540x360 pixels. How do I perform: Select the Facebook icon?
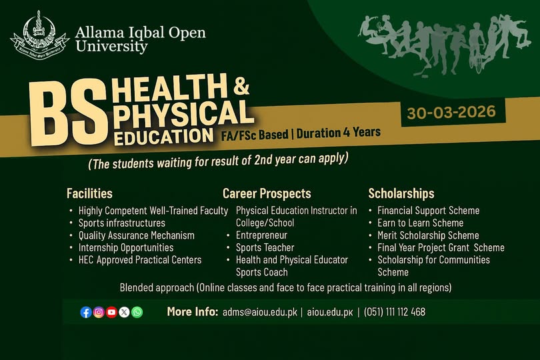[86, 312]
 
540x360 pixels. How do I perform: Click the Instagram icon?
[99, 312]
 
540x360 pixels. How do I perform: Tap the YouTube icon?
[111, 312]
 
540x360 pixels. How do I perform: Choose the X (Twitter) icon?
[124, 312]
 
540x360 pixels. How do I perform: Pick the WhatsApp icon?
[137, 312]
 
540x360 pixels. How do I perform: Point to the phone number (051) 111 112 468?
[395, 312]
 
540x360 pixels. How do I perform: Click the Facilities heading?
[89, 194]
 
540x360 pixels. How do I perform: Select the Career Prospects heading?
[267, 194]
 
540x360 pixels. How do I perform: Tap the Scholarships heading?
[401, 194]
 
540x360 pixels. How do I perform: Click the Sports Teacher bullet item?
[265, 247]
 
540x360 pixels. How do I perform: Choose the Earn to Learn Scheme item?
[420, 223]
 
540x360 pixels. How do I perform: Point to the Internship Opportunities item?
[126, 247]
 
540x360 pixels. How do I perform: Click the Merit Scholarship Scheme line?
[428, 235]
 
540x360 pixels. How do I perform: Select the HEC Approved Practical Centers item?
[139, 260]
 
